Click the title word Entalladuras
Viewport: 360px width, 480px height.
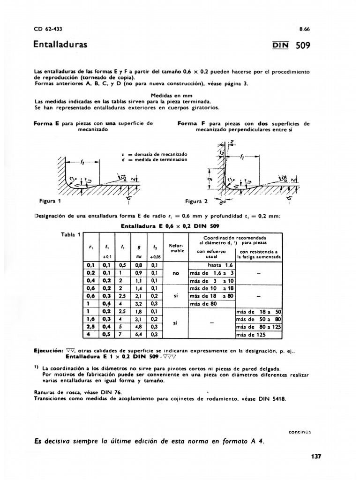coord(60,45)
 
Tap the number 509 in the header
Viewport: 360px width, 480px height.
coord(303,46)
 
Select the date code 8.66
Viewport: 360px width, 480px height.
coord(305,29)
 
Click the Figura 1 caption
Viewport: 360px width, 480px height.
coord(50,201)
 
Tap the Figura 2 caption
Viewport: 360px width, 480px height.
coord(196,201)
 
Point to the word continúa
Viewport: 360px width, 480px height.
coord(299,432)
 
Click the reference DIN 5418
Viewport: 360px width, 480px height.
coord(274,399)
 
